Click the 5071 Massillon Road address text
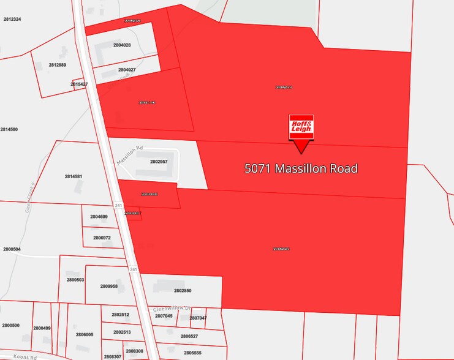301,168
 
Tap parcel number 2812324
12,20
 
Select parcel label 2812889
57,65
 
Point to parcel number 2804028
125,45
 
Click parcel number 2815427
79,84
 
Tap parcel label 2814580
9,130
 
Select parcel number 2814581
74,176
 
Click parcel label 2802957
159,162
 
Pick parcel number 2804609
99,217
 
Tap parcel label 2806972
102,238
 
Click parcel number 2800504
12,249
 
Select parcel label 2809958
108,286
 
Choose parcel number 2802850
183,291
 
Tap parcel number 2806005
85,334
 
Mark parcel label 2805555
192,353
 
